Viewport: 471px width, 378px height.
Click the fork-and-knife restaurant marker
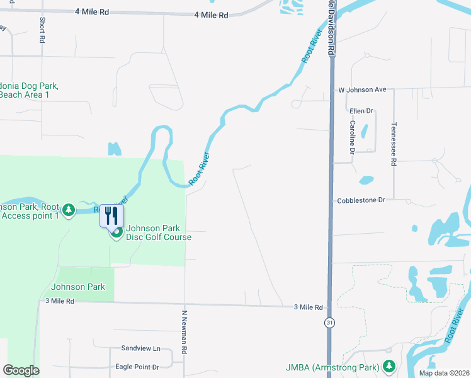[x=111, y=216]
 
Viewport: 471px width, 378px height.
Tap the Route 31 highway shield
[x=329, y=323]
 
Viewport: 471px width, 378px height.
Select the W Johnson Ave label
[x=362, y=89]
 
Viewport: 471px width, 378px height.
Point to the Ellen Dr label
[x=361, y=111]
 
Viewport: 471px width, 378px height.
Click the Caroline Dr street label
[x=353, y=137]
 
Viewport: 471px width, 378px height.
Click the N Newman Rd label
[x=185, y=330]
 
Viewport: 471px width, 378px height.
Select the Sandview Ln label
[x=141, y=348]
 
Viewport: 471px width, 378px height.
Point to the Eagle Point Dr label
[x=137, y=367]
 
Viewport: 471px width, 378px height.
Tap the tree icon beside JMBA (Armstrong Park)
[x=389, y=366]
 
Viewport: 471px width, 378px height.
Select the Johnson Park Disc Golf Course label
[x=157, y=232]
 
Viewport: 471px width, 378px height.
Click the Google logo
[x=21, y=370]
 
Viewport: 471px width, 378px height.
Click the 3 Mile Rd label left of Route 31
[x=308, y=307]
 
